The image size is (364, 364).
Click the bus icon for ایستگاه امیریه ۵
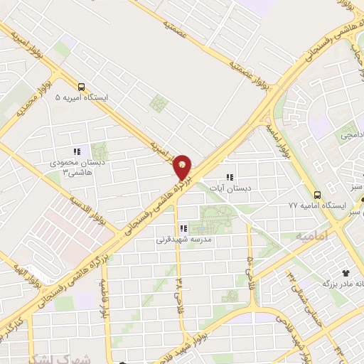pyautogui.click(x=81, y=87)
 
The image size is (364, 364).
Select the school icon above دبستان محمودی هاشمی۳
pyautogui.click(x=77, y=151)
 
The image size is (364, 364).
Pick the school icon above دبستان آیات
pyautogui.click(x=229, y=176)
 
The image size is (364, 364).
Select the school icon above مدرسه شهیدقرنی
pyautogui.click(x=183, y=229)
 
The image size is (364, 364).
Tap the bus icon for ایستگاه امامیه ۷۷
pyautogui.click(x=317, y=194)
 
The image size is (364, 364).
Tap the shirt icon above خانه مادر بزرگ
pyautogui.click(x=346, y=272)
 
